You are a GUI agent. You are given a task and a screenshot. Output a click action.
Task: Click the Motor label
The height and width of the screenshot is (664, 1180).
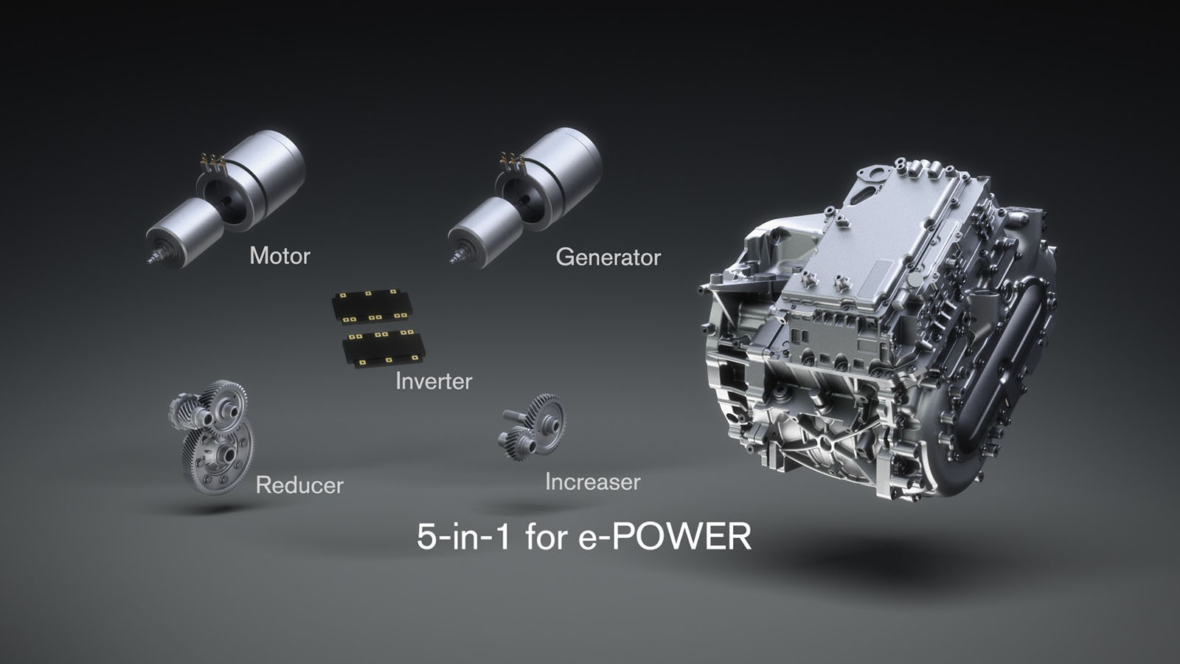[x=280, y=255]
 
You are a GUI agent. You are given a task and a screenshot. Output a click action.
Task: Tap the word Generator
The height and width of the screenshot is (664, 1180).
[x=608, y=257]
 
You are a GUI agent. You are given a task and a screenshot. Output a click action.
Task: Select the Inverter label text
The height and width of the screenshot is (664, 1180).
[x=433, y=381]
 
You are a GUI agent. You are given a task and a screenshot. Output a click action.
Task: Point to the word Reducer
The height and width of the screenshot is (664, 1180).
[x=299, y=485]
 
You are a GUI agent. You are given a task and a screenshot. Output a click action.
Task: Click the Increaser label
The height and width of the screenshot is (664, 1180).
[x=592, y=482]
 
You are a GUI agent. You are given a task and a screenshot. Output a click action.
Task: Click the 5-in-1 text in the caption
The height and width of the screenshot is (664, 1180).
[x=463, y=536]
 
